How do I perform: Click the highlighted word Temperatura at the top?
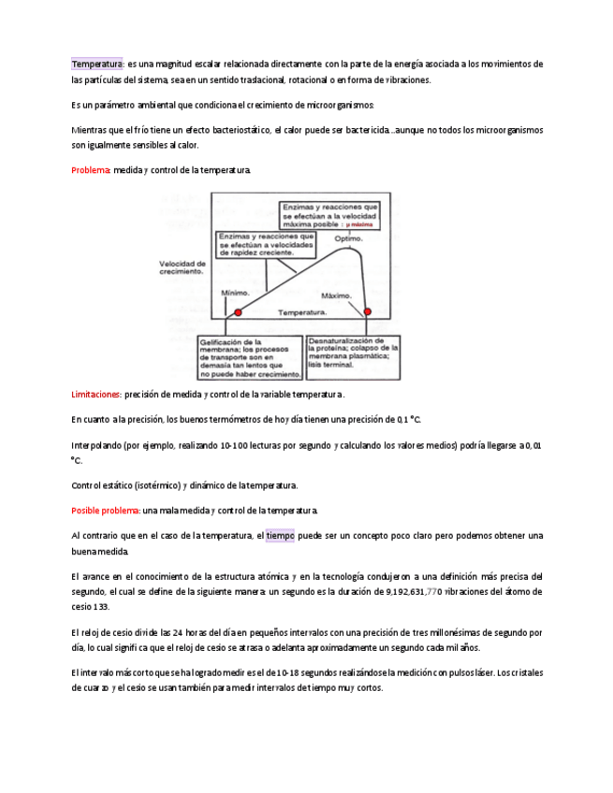point(97,64)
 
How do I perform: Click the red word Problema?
point(91,170)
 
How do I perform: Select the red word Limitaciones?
point(96,395)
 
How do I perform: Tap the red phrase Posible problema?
point(106,511)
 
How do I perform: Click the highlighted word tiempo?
point(280,536)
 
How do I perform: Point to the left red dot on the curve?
point(238,312)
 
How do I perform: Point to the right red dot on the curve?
point(367,311)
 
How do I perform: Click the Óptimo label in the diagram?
point(347,238)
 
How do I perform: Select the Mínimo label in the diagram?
point(235,293)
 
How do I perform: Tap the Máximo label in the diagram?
point(336,296)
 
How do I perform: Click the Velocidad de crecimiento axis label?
point(182,267)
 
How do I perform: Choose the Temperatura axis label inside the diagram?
point(301,311)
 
